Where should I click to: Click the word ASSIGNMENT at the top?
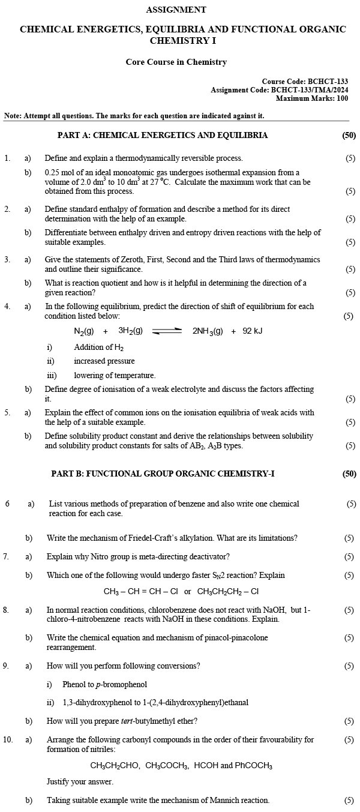pyautogui.click(x=176, y=10)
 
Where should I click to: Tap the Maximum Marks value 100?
pyautogui.click(x=342, y=98)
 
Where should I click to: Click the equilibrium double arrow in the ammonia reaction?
pyautogui.click(x=167, y=331)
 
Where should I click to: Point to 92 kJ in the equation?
pyautogui.click(x=253, y=331)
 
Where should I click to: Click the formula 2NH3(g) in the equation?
pyautogui.click(x=208, y=331)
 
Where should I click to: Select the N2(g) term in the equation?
pyautogui.click(x=84, y=331)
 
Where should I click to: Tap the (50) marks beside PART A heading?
pyautogui.click(x=349, y=135)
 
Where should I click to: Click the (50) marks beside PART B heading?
pyautogui.click(x=349, y=474)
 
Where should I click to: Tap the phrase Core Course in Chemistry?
pyautogui.click(x=176, y=62)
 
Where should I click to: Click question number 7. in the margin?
pyautogui.click(x=6, y=556)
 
